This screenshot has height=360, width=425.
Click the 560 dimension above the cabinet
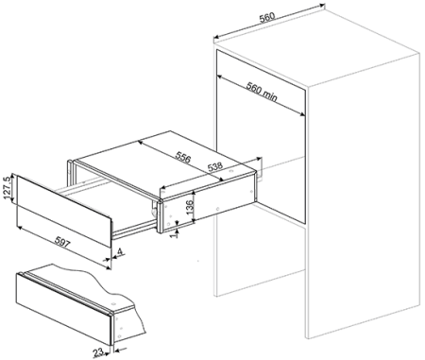(x=267, y=17)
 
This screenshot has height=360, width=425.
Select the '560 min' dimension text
(x=262, y=92)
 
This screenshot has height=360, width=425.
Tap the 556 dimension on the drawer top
(x=182, y=157)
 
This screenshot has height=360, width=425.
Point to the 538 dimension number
(x=215, y=165)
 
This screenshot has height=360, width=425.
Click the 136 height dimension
(x=190, y=207)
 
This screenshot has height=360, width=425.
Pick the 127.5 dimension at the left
(x=8, y=188)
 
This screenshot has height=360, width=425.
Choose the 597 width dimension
(x=62, y=242)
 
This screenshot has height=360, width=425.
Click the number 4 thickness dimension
(x=120, y=251)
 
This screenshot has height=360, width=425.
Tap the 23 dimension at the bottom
(x=98, y=352)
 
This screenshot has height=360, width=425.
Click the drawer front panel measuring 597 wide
(x=64, y=212)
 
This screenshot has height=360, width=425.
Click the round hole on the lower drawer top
(x=113, y=304)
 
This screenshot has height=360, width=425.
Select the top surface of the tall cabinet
(x=316, y=44)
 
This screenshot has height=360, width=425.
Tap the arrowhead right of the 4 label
(x=115, y=258)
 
